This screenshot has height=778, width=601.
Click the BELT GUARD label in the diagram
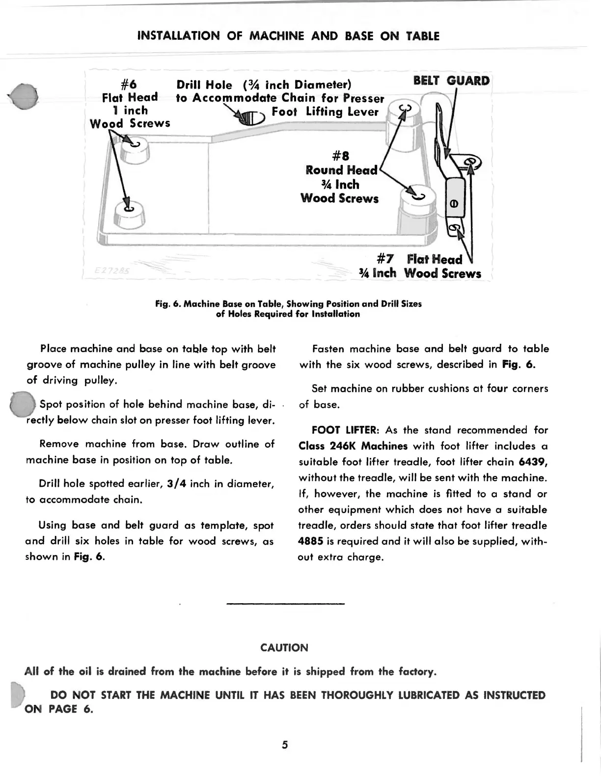point(451,81)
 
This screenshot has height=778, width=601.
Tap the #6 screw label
point(129,83)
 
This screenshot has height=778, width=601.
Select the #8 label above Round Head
point(340,157)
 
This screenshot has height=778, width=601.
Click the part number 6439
point(533,462)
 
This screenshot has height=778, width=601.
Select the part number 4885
point(311,541)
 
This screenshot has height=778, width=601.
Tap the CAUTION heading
point(284,647)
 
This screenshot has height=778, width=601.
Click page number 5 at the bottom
point(285,745)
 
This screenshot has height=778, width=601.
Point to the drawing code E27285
point(110,271)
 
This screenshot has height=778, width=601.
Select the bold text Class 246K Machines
point(353,446)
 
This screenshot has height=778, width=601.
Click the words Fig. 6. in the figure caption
point(168,304)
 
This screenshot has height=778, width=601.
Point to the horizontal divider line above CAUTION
point(286,604)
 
